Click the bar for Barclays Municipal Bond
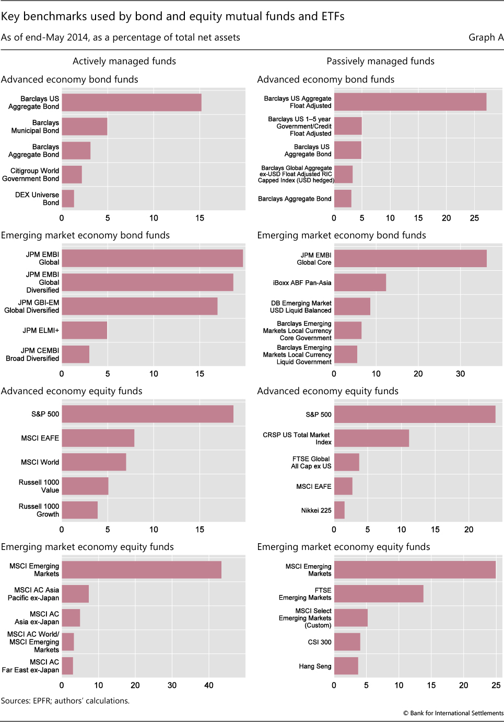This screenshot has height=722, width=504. point(85,127)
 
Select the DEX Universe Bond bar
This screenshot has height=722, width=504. point(68,199)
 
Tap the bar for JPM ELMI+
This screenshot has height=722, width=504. point(85,330)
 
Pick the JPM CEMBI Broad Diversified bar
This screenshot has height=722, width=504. point(76,354)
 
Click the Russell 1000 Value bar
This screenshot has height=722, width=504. point(85,486)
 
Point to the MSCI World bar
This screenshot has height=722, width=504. point(94,462)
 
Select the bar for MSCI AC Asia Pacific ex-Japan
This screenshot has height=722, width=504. point(75,594)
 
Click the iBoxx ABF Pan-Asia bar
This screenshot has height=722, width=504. point(360,282)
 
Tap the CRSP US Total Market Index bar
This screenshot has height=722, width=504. point(371,438)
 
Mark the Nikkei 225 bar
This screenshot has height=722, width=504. point(339,510)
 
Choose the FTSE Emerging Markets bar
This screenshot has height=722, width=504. point(379,594)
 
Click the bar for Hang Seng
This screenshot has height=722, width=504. point(346,666)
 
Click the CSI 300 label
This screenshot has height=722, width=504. point(319,642)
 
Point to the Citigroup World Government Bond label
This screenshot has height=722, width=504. point(31,175)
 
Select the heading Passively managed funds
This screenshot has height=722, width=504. point(380,61)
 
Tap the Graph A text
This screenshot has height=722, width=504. point(486,37)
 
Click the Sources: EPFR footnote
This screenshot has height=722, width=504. point(65,701)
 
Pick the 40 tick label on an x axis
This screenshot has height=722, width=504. point(209,685)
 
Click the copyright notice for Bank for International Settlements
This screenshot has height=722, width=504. point(453,713)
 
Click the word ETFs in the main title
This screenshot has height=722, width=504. point(333,16)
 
